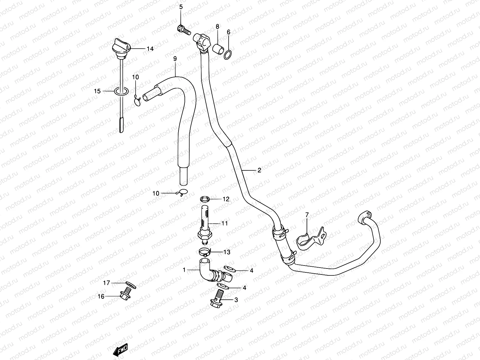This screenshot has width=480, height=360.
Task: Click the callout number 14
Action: click(150, 49)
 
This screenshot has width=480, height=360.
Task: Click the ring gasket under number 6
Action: click(229, 54)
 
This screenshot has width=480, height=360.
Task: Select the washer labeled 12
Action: click(205, 199)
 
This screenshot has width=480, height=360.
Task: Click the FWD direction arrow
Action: click(121, 349)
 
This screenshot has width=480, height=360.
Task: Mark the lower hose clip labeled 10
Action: click(182, 193)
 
